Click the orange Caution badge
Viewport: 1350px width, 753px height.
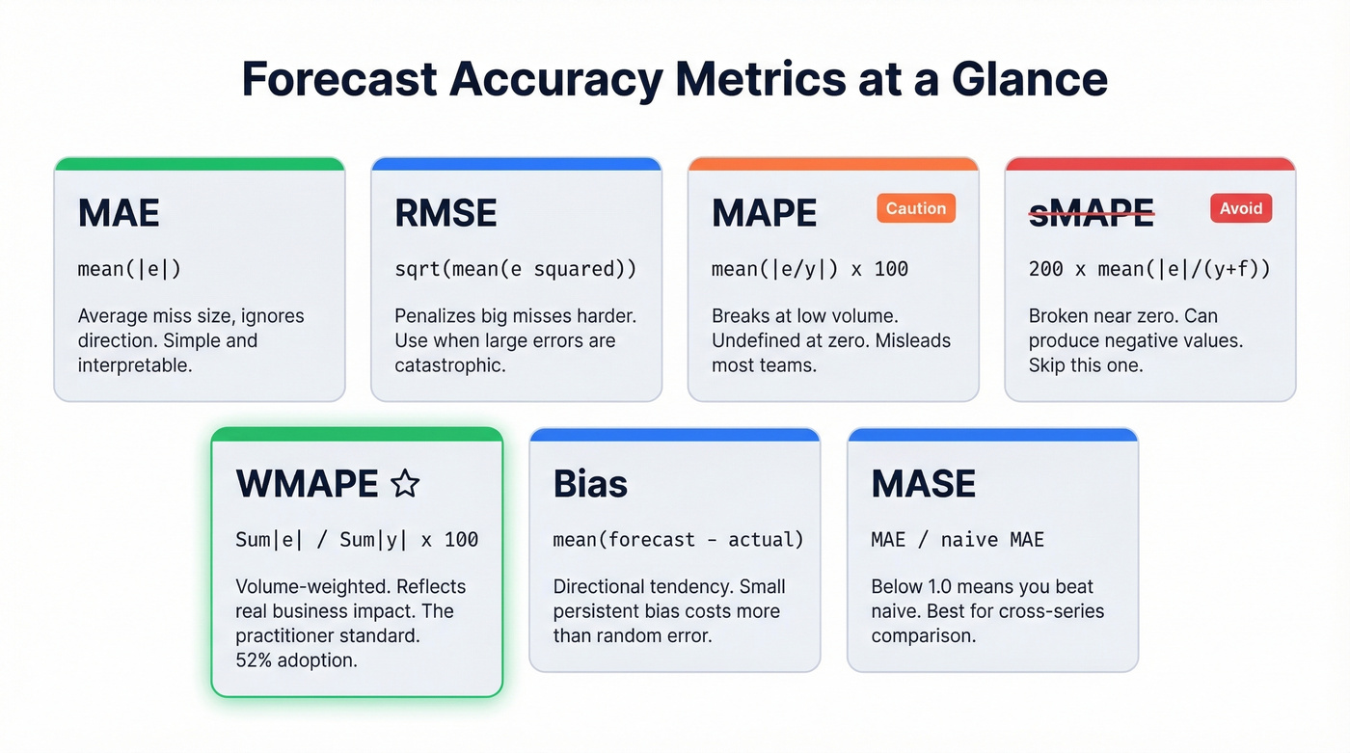pos(915,208)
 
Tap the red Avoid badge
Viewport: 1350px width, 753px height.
pos(1240,208)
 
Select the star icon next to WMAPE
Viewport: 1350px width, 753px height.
pos(405,483)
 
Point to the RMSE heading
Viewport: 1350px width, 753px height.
pos(445,213)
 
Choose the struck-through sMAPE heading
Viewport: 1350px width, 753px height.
pos(1091,213)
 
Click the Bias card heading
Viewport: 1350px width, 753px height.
pos(590,483)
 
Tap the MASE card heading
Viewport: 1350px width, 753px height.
pos(923,483)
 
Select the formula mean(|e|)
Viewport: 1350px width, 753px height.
pos(129,269)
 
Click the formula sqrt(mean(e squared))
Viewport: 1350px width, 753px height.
pos(516,269)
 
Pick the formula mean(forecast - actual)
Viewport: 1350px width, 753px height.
pos(678,539)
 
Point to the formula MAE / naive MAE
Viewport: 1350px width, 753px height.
pos(958,539)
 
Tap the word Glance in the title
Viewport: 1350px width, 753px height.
pos(1029,79)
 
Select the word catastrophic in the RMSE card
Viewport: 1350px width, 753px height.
pos(449,365)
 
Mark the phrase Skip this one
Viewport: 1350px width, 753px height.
pos(1086,365)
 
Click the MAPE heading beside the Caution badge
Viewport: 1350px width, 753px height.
pos(764,213)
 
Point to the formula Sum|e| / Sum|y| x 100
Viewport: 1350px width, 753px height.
pos(357,539)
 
